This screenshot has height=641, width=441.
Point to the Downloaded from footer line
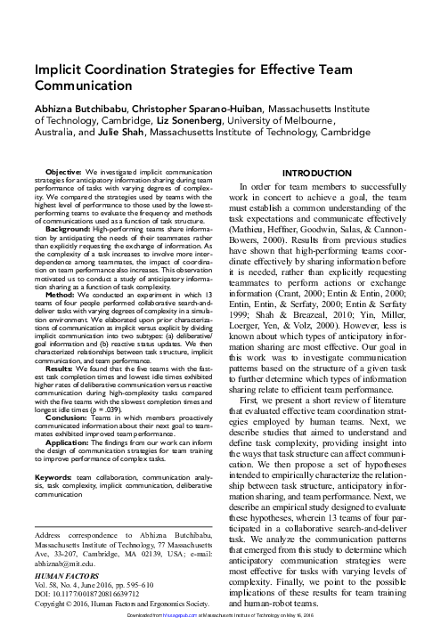(219, 636)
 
